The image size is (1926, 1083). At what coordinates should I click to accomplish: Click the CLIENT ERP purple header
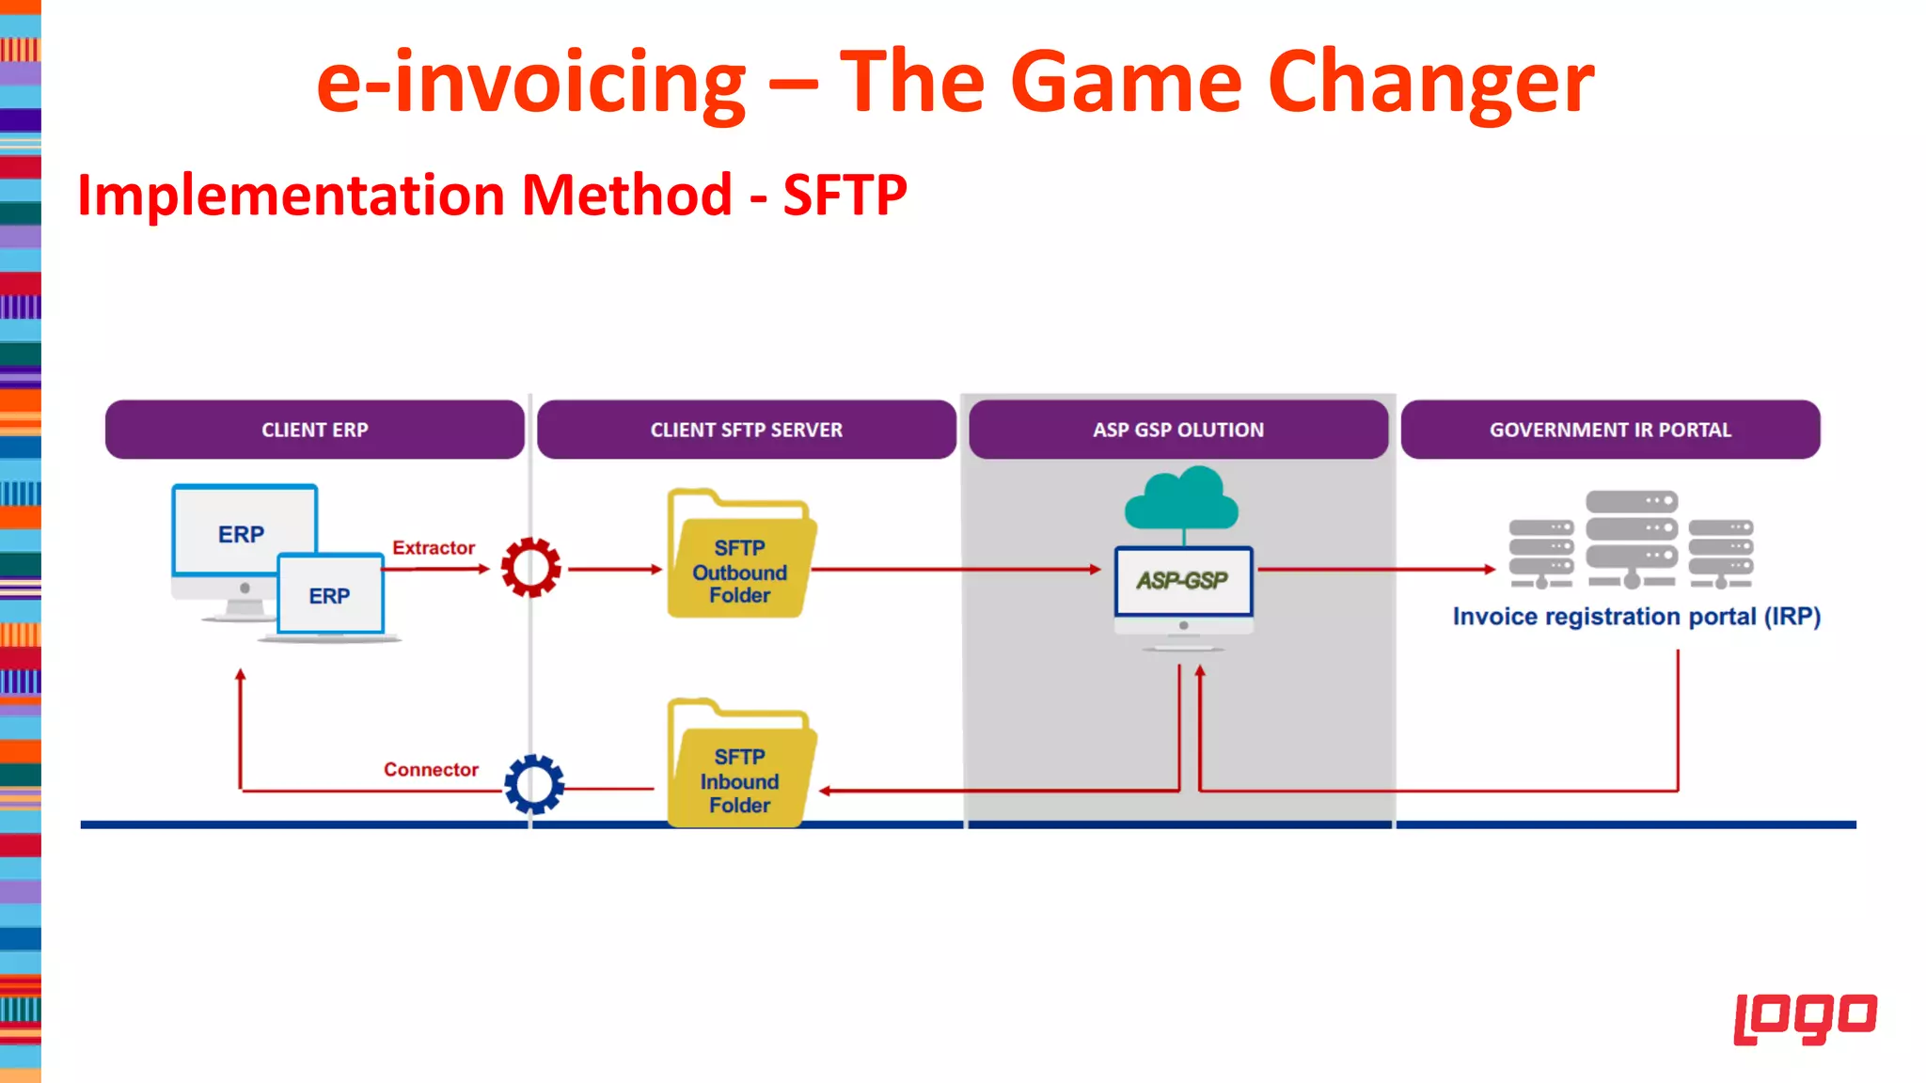tap(314, 430)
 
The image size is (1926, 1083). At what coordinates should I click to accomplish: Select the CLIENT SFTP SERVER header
tap(746, 430)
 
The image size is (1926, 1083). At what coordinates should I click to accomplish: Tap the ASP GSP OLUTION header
tap(1177, 430)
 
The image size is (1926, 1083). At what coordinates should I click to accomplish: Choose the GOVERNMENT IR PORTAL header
tap(1610, 430)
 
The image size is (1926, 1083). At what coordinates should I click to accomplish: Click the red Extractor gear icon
tap(531, 568)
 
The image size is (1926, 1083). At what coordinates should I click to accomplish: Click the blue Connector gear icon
tap(534, 784)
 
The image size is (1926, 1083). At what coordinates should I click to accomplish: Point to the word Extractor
tap(434, 547)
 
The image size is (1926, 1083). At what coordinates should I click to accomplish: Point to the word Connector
tap(431, 769)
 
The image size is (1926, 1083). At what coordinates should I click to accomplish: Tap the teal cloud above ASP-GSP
tap(1182, 500)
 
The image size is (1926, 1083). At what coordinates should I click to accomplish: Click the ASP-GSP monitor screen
tap(1183, 581)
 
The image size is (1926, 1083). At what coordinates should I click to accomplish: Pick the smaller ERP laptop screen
tap(330, 595)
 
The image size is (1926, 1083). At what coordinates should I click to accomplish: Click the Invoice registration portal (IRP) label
tap(1636, 617)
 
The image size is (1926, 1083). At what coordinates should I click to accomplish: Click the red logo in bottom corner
tap(1805, 1017)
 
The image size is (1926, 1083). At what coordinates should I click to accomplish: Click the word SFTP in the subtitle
tap(845, 195)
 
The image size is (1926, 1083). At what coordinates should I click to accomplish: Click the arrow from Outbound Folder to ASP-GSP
tap(955, 569)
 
